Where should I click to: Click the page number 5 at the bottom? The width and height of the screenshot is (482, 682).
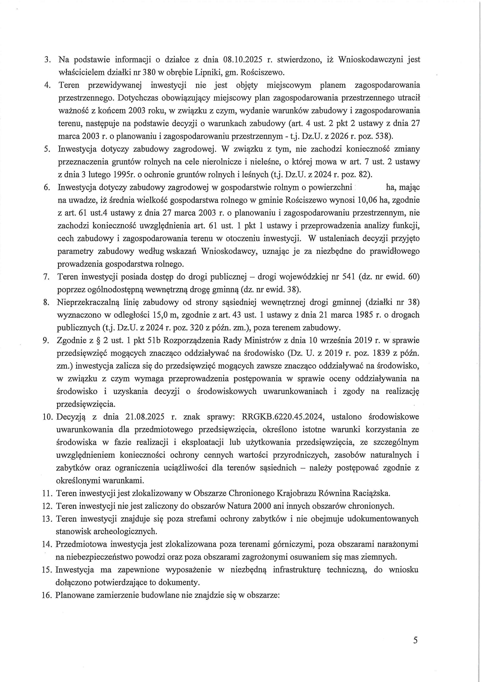(415, 648)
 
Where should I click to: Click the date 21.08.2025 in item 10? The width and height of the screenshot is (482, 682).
(145, 417)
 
